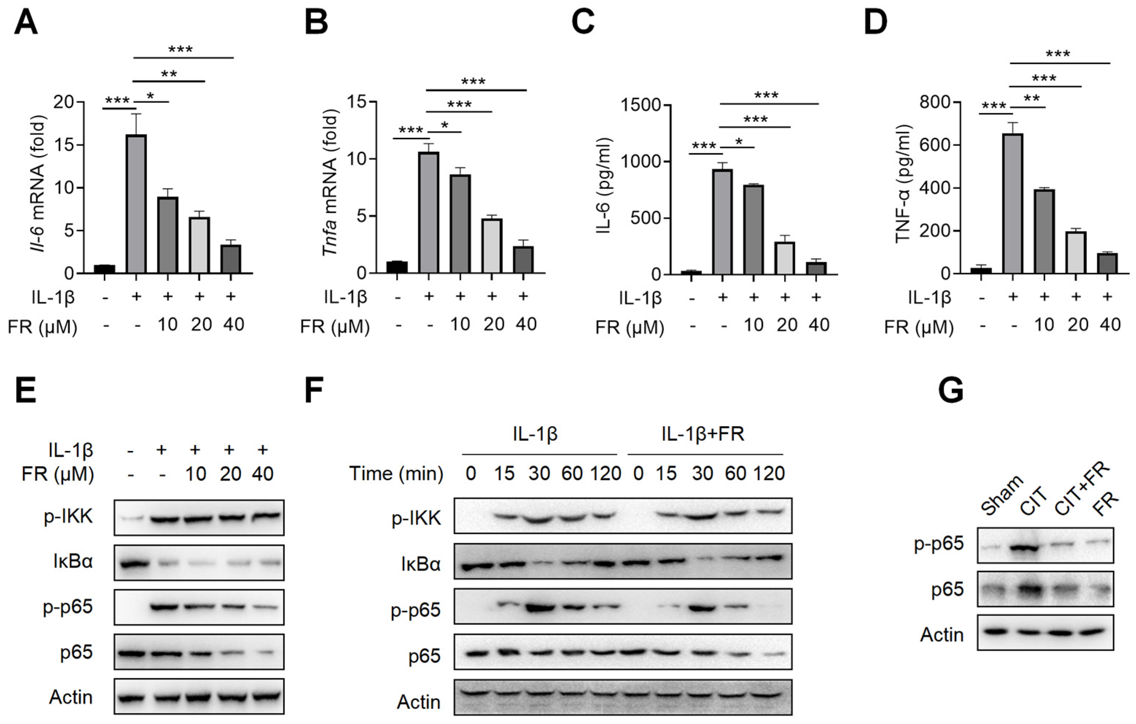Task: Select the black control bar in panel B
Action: click(x=397, y=267)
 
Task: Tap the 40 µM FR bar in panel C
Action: click(x=816, y=268)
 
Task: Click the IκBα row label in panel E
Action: click(x=73, y=562)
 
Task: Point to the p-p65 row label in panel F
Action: click(x=415, y=610)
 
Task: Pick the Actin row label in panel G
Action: click(x=942, y=635)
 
